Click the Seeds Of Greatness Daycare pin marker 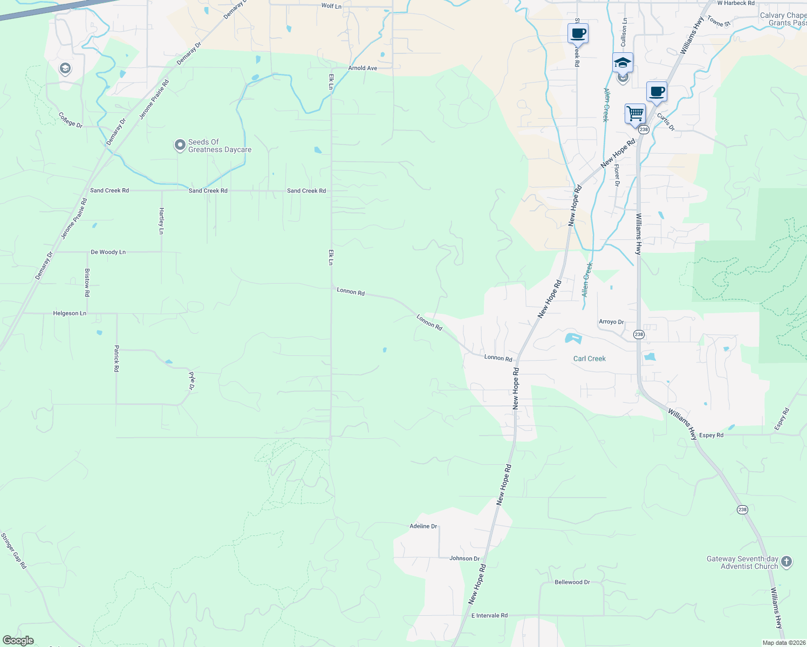[x=180, y=146]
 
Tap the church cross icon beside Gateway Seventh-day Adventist [x=787, y=562]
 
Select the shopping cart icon [x=635, y=114]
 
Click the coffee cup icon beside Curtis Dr [x=656, y=92]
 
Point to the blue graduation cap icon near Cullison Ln [x=622, y=63]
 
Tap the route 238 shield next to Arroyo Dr [x=639, y=334]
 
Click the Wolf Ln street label [x=331, y=6]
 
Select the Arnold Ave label [x=363, y=68]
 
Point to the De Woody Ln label [x=108, y=252]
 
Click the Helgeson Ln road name [x=70, y=313]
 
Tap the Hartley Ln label [x=161, y=221]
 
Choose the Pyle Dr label [x=192, y=381]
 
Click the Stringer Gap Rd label [x=13, y=550]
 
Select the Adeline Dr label [x=423, y=526]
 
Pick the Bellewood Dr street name [x=572, y=582]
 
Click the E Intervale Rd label [x=489, y=615]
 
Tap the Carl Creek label [x=589, y=359]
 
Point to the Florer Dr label [x=617, y=175]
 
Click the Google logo [x=18, y=641]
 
